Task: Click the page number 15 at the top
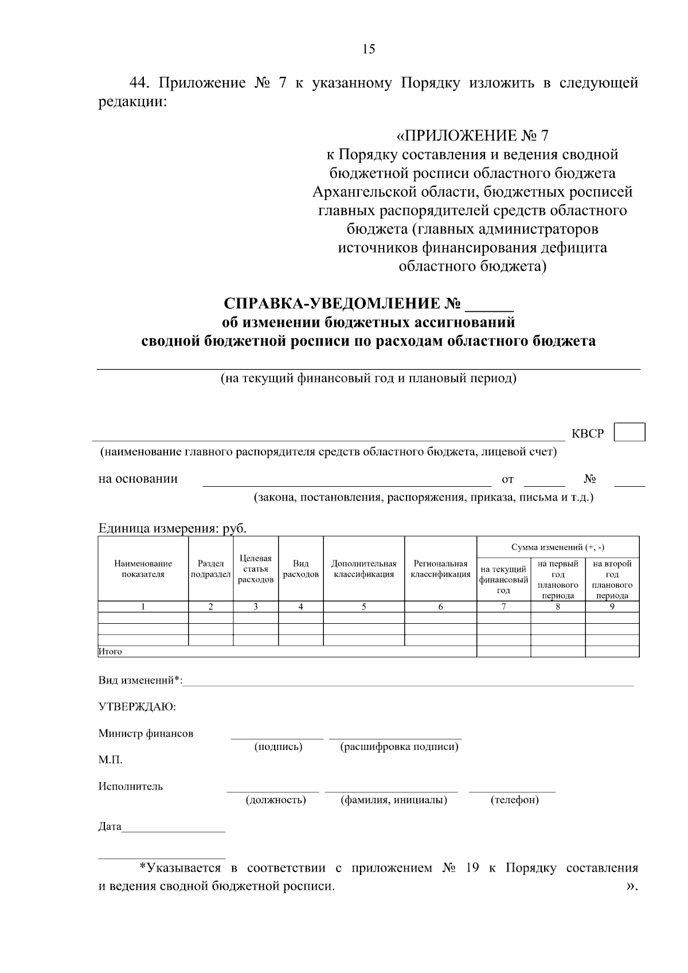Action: pos(369,49)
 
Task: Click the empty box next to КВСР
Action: pos(629,432)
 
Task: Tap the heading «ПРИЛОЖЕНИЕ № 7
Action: pos(472,136)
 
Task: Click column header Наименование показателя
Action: pos(143,569)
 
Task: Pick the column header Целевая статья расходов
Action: pos(256,569)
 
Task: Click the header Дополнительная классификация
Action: pos(364,569)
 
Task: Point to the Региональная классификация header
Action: pos(440,569)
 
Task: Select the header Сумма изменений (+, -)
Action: pos(557,547)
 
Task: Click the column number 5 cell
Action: pos(364,607)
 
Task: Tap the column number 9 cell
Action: pos(612,607)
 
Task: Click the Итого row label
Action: pos(110,651)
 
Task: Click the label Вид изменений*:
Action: pos(140,681)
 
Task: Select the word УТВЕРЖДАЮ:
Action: pos(137,707)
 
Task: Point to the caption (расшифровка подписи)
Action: pos(399,747)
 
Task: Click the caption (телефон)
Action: pos(514,800)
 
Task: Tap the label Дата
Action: pos(110,827)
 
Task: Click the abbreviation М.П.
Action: pos(110,760)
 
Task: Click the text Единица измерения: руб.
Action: pos(172,528)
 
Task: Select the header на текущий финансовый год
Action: pos(503,579)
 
